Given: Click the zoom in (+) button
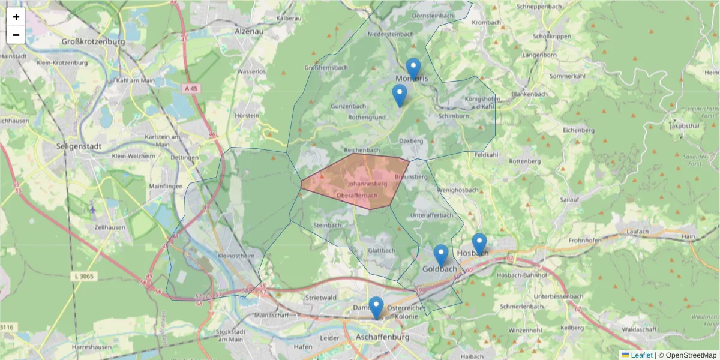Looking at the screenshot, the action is (16, 17).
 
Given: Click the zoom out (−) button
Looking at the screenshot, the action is (16, 35).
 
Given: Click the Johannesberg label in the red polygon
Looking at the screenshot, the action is (367, 184).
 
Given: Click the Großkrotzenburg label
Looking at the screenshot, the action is (94, 42).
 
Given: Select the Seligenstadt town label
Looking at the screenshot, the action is (78, 146).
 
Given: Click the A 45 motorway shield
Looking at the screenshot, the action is (191, 88).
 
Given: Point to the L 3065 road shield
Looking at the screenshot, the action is (87, 275).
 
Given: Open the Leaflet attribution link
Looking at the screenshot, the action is (641, 355).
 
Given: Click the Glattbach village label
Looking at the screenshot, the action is (382, 251).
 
